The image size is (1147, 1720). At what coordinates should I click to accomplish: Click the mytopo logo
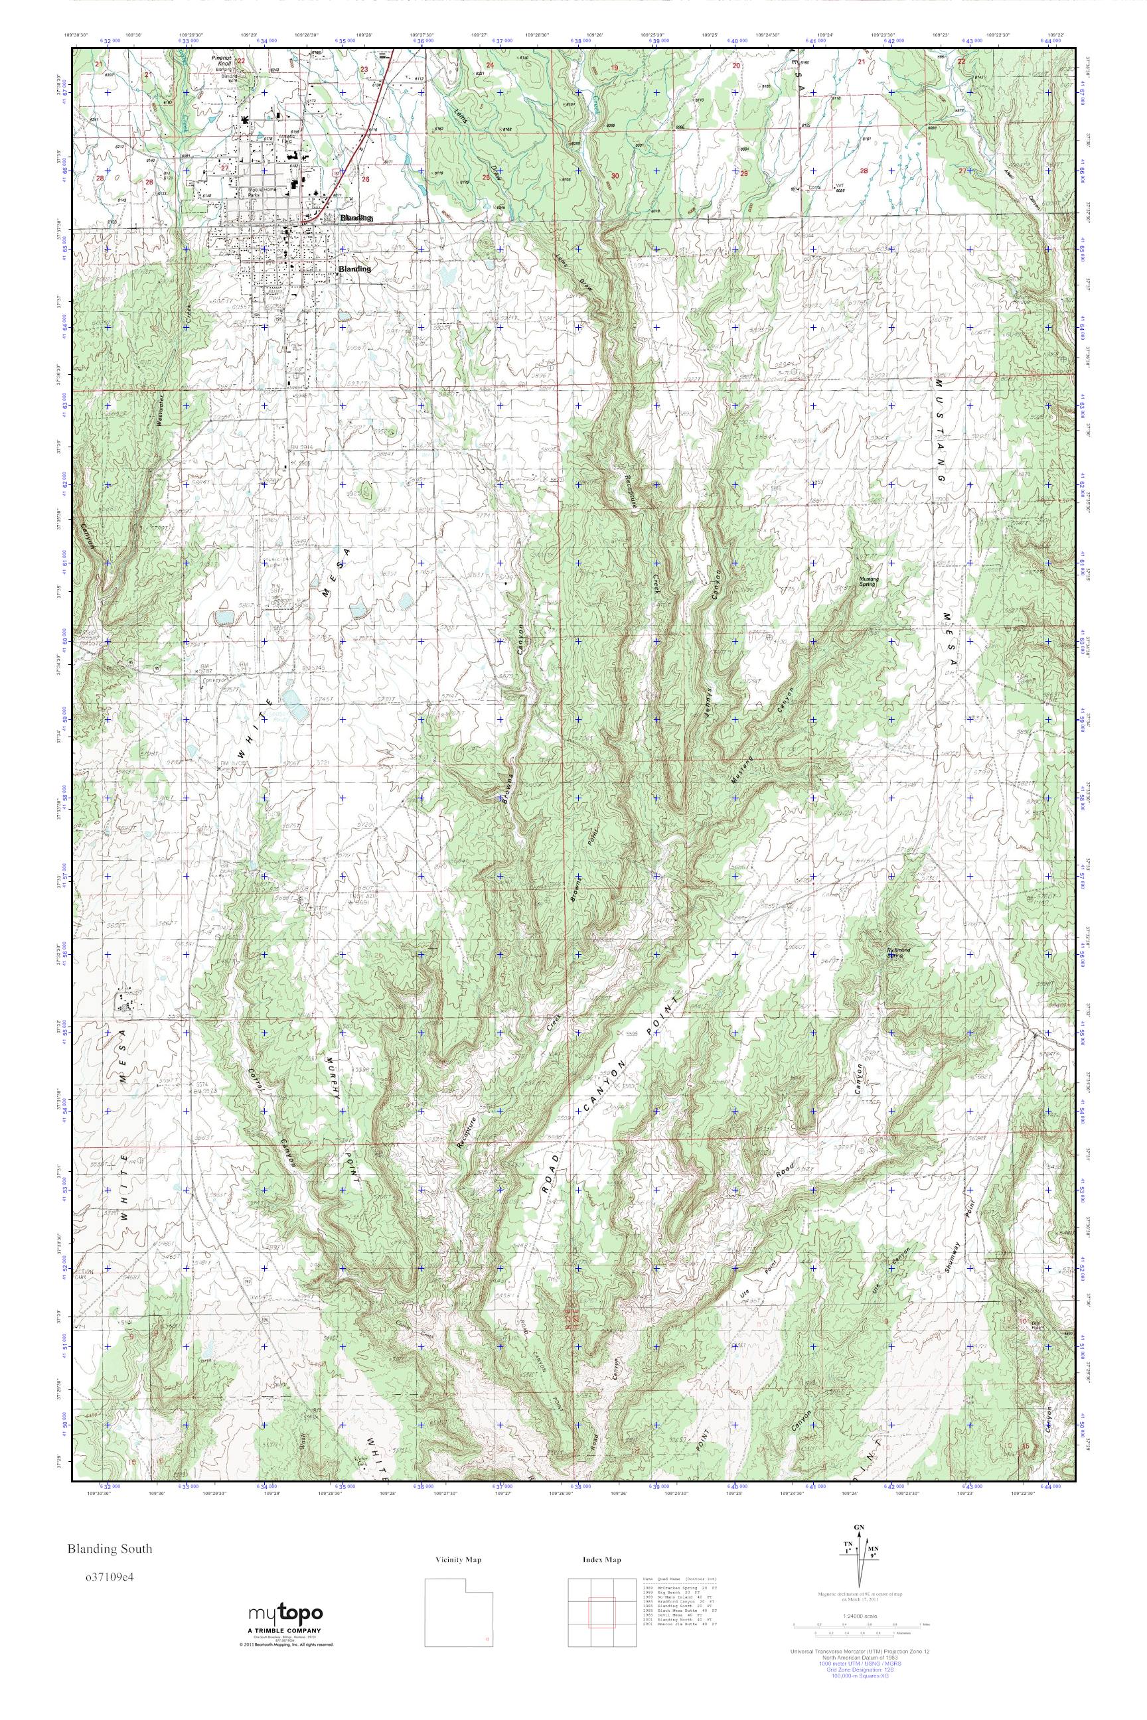[x=285, y=1614]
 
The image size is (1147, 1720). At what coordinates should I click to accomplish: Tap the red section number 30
[x=615, y=175]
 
